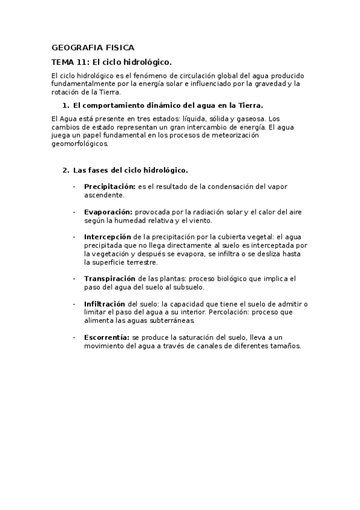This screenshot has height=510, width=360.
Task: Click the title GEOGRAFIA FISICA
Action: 93,47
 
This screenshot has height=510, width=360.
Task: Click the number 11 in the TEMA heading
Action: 86,62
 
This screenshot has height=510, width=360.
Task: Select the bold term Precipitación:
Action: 110,186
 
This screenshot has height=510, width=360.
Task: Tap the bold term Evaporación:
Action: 108,212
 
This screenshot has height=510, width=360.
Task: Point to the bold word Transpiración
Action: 109,279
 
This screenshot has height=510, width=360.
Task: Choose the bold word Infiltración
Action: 105,304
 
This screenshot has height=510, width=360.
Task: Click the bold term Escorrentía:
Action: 107,338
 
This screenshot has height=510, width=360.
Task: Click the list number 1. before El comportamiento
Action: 66,105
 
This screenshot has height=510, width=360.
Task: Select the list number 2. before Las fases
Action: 66,170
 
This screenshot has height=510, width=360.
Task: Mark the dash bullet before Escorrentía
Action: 74,338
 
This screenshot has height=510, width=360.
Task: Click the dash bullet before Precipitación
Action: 74,186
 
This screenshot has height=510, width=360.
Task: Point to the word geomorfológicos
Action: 81,144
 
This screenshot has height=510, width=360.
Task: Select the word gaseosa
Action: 248,119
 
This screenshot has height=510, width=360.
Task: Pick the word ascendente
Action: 104,195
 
